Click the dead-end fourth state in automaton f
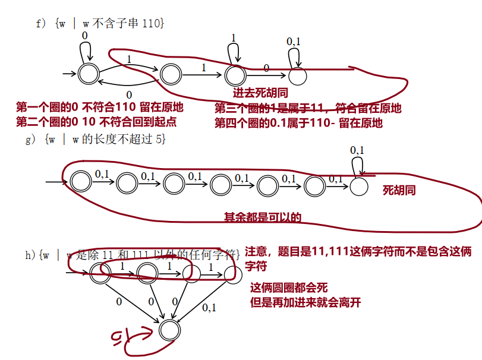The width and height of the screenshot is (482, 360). (x=298, y=75)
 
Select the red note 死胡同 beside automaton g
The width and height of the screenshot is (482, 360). (x=398, y=191)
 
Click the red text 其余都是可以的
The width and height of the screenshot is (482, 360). (x=262, y=217)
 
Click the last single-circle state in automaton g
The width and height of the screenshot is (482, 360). (x=359, y=186)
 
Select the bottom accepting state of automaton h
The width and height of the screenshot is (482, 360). (x=168, y=329)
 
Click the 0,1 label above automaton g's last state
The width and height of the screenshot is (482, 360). (x=357, y=150)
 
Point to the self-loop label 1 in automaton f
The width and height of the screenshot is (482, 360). (x=233, y=38)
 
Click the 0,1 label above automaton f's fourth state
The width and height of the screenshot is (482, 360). (x=294, y=42)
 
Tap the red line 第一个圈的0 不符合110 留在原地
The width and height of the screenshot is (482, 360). (x=100, y=108)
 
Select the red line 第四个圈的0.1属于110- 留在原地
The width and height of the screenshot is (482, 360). (x=298, y=123)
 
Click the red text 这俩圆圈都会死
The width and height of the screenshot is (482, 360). (x=289, y=288)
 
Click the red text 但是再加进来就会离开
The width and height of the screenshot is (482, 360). (x=305, y=302)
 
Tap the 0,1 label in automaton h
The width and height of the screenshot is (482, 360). (x=209, y=308)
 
